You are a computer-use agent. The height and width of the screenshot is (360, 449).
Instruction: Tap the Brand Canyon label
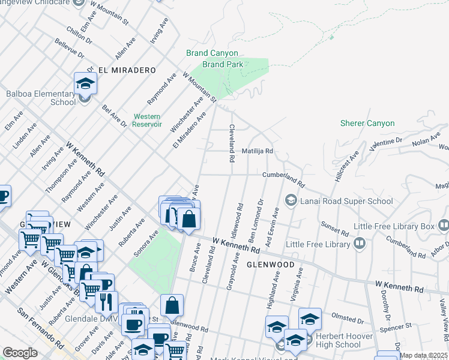coord(212,53)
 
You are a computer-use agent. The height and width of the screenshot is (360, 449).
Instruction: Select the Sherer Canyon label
coord(367,124)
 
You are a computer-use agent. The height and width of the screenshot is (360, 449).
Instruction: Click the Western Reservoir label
coord(147,120)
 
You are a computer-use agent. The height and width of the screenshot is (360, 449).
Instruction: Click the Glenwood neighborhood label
coord(270,265)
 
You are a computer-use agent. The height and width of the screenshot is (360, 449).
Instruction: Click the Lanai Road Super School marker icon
coord(291,199)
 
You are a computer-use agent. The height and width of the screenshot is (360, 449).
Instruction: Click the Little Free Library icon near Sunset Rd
coord(359,243)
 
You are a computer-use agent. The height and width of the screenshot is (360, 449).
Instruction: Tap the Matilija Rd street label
coord(258,152)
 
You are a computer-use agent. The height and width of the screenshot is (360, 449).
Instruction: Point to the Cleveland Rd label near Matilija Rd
coord(231,143)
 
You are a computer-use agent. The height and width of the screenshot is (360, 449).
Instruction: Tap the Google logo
coord(20,353)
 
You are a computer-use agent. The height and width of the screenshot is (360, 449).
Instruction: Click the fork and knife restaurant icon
coord(106,302)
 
